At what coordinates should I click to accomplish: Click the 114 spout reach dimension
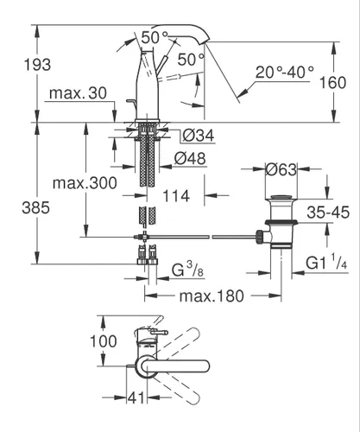click(176, 196)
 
